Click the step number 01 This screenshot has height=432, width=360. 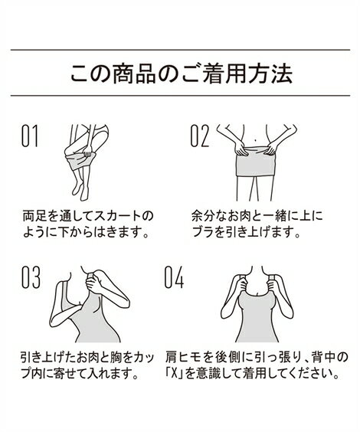tap(29, 136)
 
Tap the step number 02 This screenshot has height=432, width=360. tap(200, 136)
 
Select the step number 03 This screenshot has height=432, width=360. tap(31, 277)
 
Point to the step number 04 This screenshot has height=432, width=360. tap(174, 277)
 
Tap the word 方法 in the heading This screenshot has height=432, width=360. tap(270, 74)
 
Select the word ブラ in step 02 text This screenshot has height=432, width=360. tap(203, 233)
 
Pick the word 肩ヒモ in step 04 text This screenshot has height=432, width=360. tap(185, 358)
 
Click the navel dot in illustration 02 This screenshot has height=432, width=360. tap(256, 137)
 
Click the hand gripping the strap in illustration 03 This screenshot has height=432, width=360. tap(93, 282)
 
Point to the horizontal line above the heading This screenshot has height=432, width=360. tap(180, 50)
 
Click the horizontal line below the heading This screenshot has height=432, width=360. tap(180, 96)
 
